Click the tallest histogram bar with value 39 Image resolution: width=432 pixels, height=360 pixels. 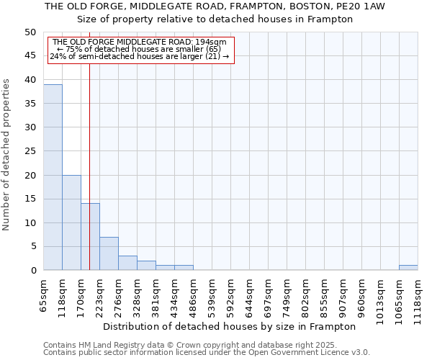click(x=53, y=177)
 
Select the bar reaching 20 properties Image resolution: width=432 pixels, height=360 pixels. click(x=71, y=222)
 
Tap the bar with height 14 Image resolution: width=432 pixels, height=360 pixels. click(x=90, y=237)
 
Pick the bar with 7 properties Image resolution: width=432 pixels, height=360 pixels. click(x=109, y=253)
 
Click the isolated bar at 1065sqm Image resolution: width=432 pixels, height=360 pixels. click(x=408, y=268)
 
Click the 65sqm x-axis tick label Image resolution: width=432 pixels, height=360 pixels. click(x=44, y=294)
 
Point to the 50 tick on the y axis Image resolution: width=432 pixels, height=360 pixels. click(x=30, y=32)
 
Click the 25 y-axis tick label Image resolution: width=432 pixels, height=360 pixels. click(x=30, y=151)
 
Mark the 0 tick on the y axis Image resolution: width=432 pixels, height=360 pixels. click(x=33, y=271)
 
